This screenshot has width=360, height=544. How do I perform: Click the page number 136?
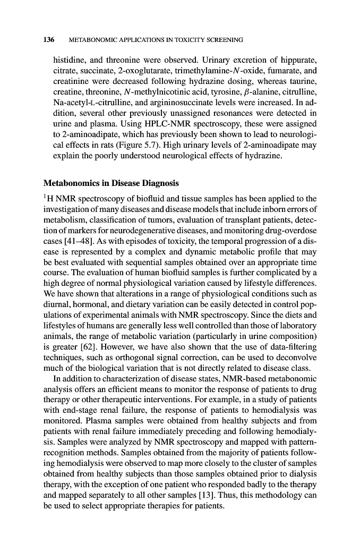48,40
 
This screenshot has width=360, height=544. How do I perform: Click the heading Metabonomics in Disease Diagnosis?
110,183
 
